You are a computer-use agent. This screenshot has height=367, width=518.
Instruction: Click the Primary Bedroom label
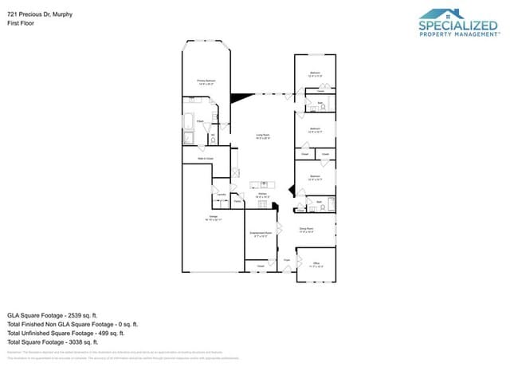coord(206,81)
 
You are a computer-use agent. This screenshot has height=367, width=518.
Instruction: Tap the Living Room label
coord(261,136)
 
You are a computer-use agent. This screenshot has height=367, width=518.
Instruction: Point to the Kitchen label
coord(261,194)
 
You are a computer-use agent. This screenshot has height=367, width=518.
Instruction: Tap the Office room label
coord(316,262)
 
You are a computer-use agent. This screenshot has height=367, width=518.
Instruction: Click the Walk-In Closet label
coord(206,158)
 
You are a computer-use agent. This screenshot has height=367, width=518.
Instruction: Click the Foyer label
coord(286,260)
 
